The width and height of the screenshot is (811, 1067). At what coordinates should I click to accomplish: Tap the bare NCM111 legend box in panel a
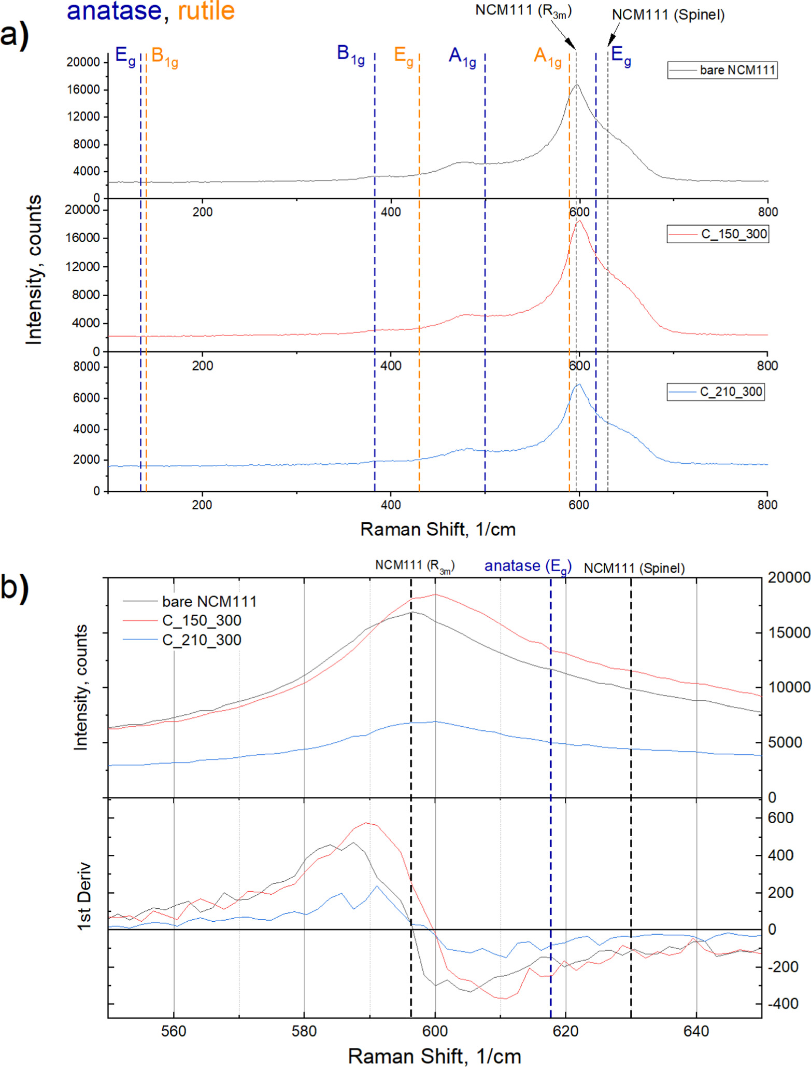721,70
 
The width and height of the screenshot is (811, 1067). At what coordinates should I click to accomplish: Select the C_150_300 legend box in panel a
717,234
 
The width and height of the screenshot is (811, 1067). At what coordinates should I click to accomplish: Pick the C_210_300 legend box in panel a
715,392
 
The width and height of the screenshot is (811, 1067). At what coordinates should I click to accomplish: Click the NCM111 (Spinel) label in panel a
667,15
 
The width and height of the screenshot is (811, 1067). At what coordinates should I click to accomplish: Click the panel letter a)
14,35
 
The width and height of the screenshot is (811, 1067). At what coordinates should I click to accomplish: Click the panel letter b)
14,587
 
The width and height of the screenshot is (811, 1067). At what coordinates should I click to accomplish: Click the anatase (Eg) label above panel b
527,566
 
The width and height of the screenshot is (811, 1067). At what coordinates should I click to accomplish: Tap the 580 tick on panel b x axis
304,1031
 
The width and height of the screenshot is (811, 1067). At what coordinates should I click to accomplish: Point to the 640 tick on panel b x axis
695,1031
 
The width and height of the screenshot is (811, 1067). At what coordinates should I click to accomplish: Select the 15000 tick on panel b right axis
788,632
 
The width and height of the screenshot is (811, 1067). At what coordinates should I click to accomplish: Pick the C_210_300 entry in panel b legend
201,640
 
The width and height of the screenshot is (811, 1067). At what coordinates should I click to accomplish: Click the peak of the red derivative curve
366,823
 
